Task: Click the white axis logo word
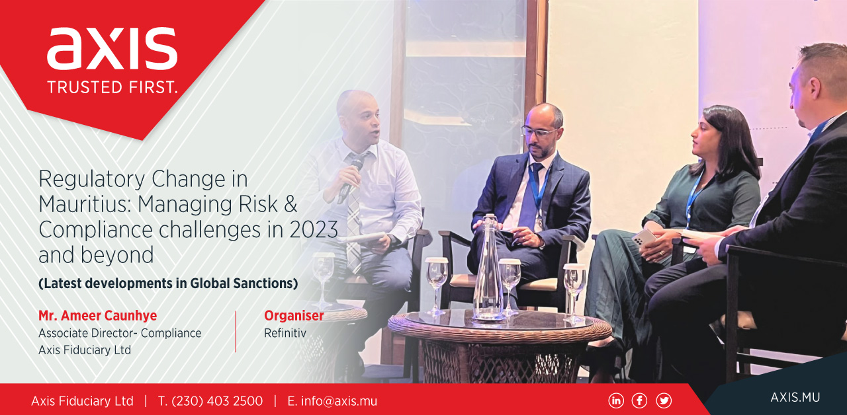pyautogui.click(x=112, y=49)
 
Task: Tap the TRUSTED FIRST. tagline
pyautogui.click(x=112, y=87)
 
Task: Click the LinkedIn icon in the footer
pyautogui.click(x=616, y=400)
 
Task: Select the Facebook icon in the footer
pyautogui.click(x=639, y=400)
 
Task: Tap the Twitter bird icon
pyautogui.click(x=664, y=400)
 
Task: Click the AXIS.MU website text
pyautogui.click(x=795, y=397)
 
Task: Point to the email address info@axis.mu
pyautogui.click(x=339, y=401)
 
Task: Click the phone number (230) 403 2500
pyautogui.click(x=217, y=401)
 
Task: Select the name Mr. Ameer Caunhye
pyautogui.click(x=97, y=315)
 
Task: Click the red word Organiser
pyautogui.click(x=294, y=315)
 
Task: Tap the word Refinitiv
pyautogui.click(x=285, y=333)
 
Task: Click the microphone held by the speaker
pyautogui.click(x=350, y=180)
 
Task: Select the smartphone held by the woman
pyautogui.click(x=645, y=237)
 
